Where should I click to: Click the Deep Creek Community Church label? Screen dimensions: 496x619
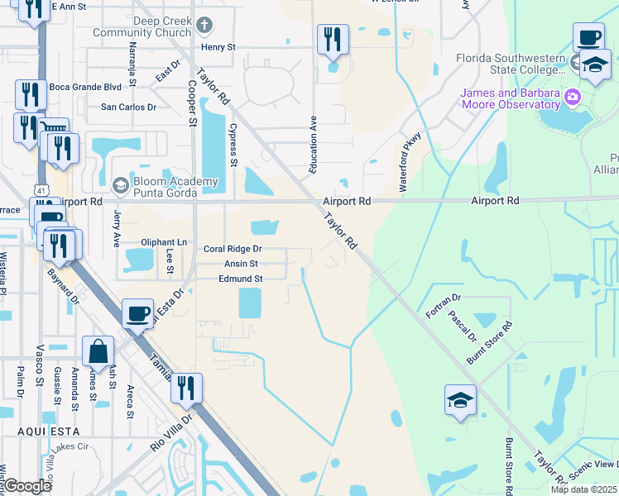click(x=146, y=27)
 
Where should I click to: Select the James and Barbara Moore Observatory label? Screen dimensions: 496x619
click(x=511, y=98)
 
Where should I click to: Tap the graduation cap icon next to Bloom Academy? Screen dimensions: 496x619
click(x=121, y=184)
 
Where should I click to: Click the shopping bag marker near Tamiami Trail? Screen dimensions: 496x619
click(x=98, y=351)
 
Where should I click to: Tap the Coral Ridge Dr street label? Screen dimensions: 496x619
click(x=233, y=248)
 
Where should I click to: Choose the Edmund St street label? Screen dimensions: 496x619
click(x=240, y=279)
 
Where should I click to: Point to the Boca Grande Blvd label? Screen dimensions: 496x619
click(x=85, y=87)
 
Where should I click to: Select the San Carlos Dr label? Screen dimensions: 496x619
click(x=128, y=107)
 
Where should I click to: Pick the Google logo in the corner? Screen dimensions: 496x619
click(x=27, y=486)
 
